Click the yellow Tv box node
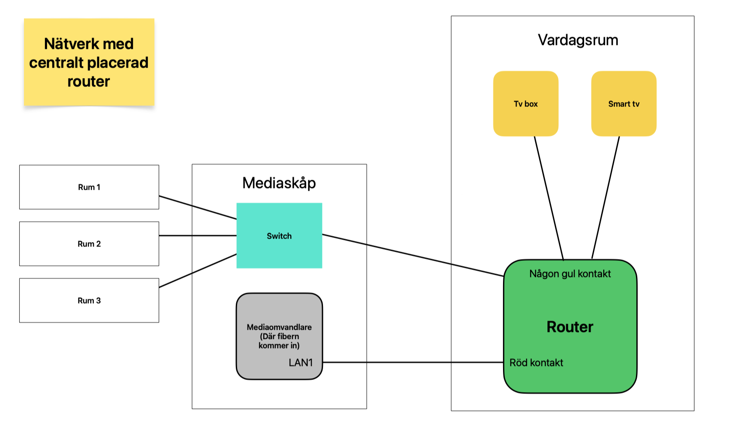[x=525, y=104]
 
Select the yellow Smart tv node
[x=623, y=104]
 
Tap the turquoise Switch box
[x=279, y=236]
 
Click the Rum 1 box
[x=89, y=187]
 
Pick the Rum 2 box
[x=89, y=244]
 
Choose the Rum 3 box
[x=89, y=301]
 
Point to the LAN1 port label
[x=301, y=362]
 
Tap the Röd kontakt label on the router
[x=536, y=362]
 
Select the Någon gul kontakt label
[x=570, y=273]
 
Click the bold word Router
[x=570, y=327]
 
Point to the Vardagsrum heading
[x=578, y=40]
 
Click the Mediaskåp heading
[x=279, y=183]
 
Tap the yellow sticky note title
[x=89, y=62]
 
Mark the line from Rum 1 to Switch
[x=197, y=207]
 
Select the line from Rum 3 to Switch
[x=197, y=270]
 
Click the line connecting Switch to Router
[x=413, y=255]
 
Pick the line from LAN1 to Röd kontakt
[x=413, y=362]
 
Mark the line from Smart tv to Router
[x=606, y=197]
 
